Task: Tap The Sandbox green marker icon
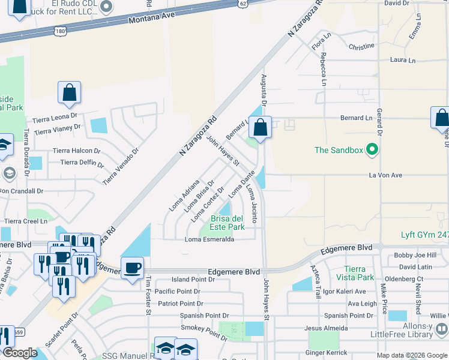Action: click(372, 149)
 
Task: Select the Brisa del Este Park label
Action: click(227, 223)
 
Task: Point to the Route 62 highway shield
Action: click(241, 3)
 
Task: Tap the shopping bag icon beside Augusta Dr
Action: click(260, 127)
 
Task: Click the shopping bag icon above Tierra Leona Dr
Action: click(69, 93)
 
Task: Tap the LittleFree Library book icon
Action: click(441, 329)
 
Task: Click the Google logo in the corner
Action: click(20, 353)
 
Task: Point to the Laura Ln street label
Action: click(403, 60)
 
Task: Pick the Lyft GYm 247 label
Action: click(424, 235)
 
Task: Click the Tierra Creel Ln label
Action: click(26, 221)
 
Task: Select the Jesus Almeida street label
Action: click(326, 328)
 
